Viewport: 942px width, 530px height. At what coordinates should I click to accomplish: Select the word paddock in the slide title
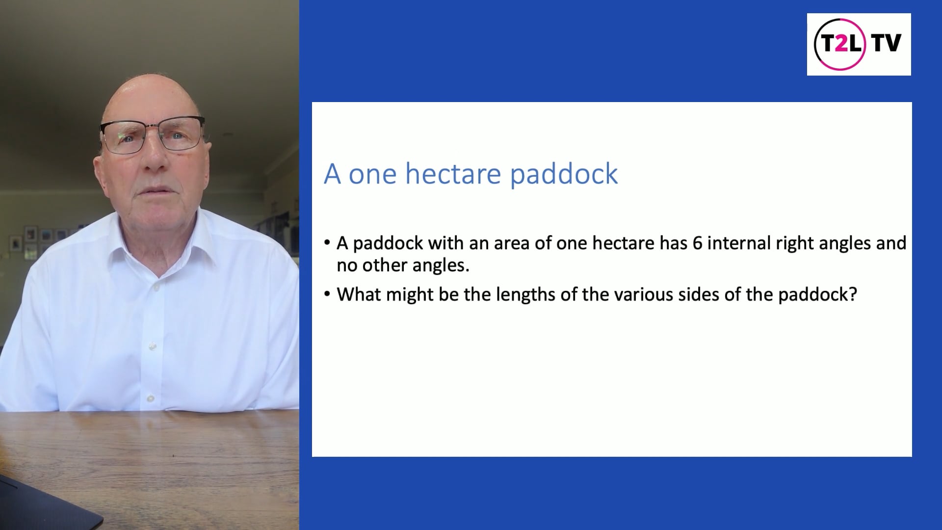click(x=564, y=175)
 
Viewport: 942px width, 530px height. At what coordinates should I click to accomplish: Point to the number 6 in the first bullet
click(x=697, y=243)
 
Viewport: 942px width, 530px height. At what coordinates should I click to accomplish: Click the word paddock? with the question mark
click(x=817, y=294)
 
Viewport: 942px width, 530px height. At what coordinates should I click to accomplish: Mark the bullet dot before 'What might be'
click(x=327, y=294)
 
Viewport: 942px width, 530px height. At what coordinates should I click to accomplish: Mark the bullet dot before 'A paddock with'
click(x=327, y=243)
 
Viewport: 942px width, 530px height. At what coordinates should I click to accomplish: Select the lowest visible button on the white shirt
click(x=151, y=398)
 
